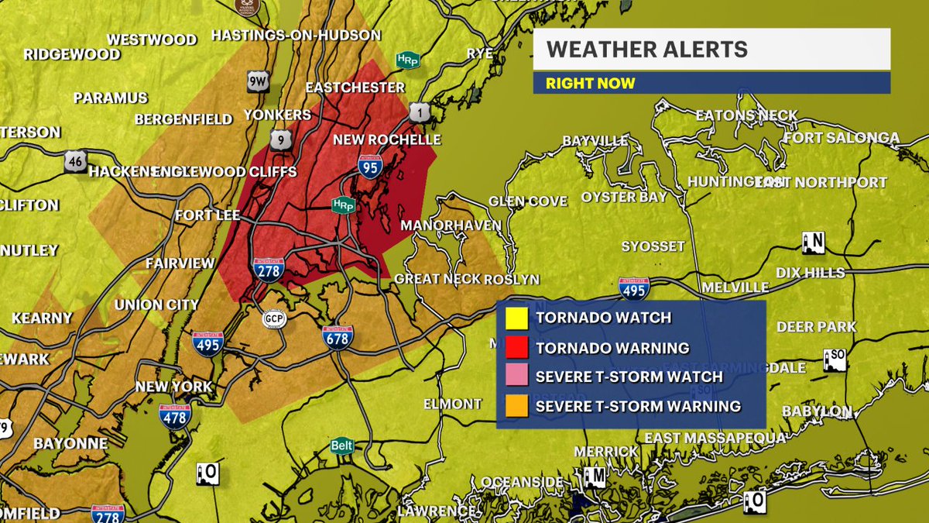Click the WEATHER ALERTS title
coord(647,50)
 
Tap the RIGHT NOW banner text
coord(590,83)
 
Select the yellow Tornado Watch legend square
coord(516,318)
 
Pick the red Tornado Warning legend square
coord(516,347)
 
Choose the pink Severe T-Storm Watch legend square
coord(516,377)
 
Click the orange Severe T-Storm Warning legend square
coord(516,406)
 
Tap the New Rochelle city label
coord(386,140)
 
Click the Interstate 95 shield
coord(369,166)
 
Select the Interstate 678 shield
coord(338,336)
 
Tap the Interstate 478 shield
coord(176,416)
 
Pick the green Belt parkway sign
coord(341,446)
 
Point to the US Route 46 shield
coord(76,161)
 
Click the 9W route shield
coord(258,82)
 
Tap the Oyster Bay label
coord(624,197)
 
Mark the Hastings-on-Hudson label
coord(296,35)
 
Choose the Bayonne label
coord(70,444)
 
